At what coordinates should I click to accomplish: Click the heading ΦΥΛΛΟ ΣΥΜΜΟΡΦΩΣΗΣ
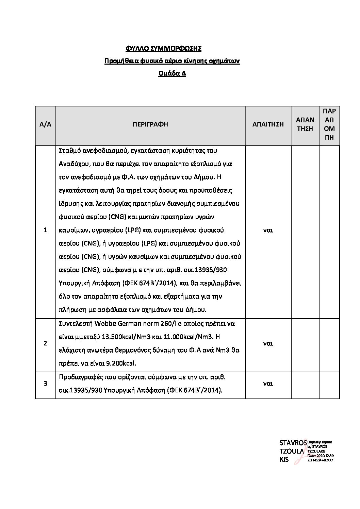pos(163,49)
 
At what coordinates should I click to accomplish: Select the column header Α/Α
pos(45,124)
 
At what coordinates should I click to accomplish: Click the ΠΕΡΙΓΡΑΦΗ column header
pos(150,124)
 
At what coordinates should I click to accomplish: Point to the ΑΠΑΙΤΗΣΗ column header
pos(268,124)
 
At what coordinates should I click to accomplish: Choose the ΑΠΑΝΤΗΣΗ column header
pos(305,124)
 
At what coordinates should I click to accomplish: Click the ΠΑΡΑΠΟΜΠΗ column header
pos(329,124)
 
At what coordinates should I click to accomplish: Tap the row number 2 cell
pos(45,343)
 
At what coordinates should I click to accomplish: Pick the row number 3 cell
pos(45,384)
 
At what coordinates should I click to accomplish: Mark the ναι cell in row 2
pos(268,343)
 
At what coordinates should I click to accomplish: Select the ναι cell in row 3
pos(268,384)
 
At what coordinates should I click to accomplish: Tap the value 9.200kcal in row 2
pos(120,363)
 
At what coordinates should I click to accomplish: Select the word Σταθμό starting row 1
pos(69,151)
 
